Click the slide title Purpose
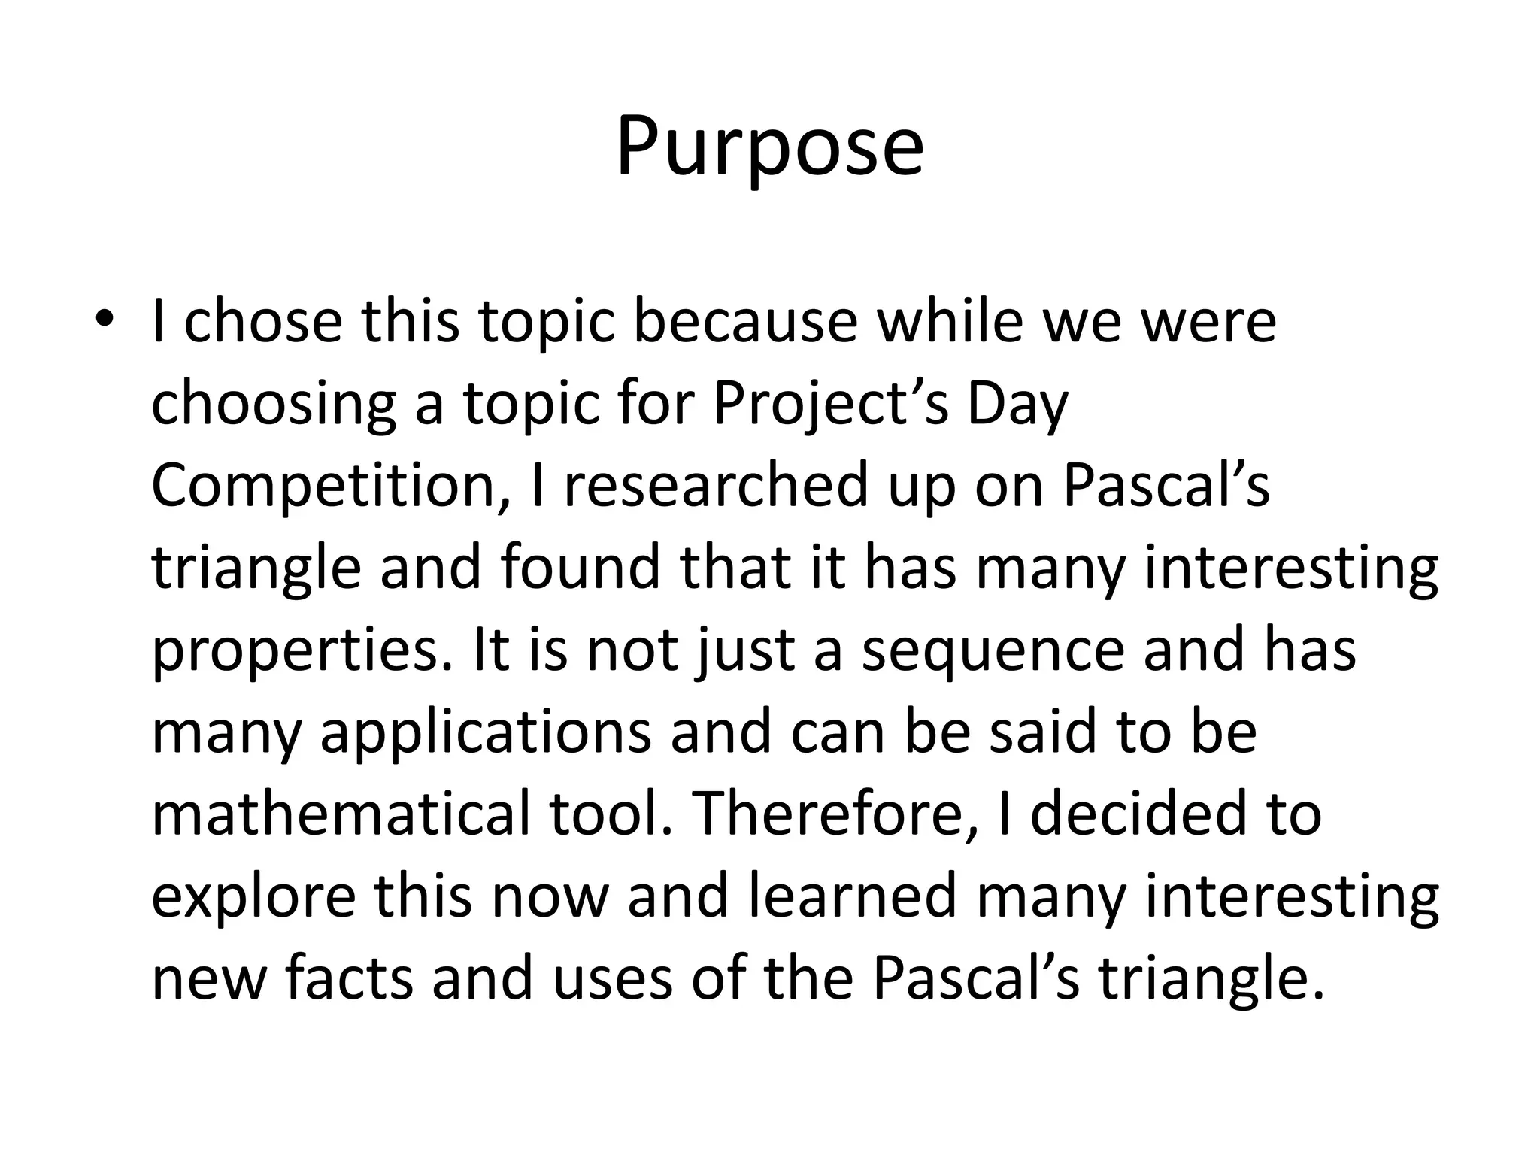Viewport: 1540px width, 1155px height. click(x=769, y=147)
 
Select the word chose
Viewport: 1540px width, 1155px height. click(x=263, y=320)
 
